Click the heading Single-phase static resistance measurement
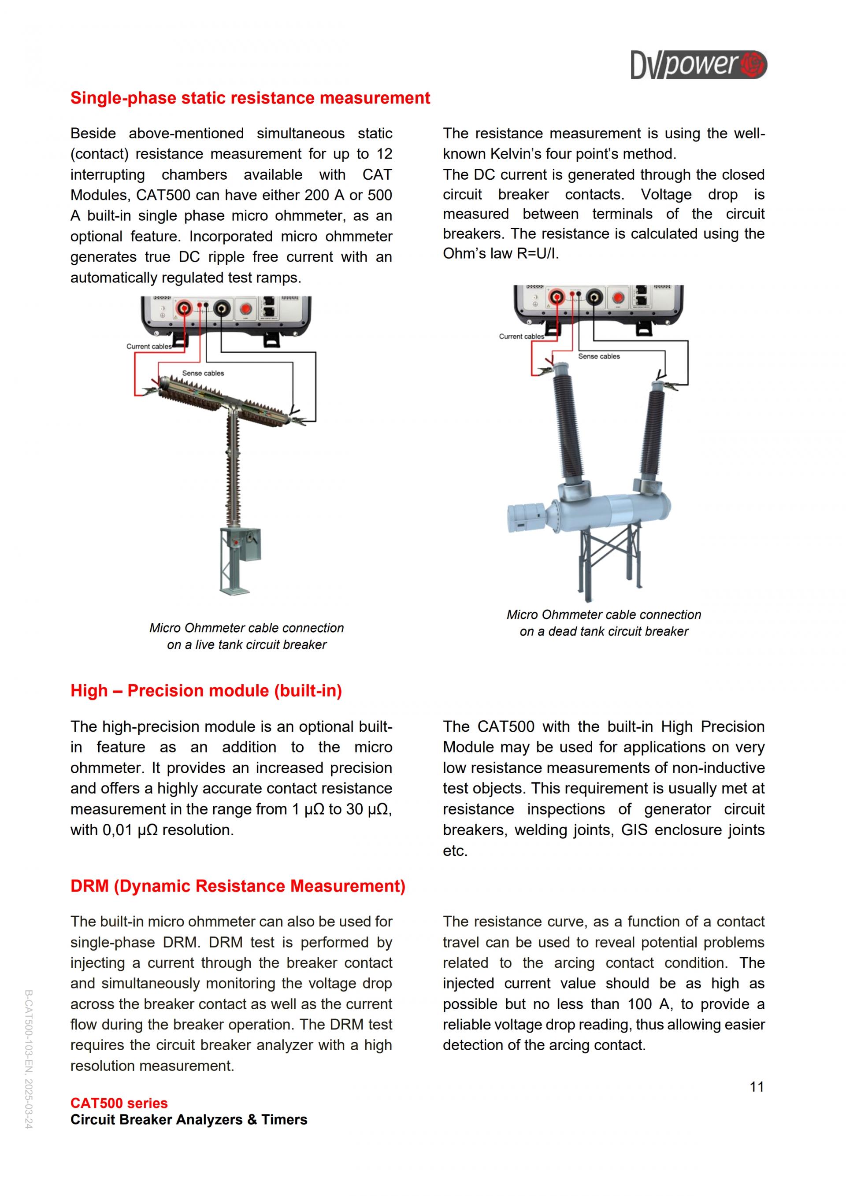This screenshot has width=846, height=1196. (250, 98)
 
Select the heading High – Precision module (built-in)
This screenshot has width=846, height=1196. (206, 691)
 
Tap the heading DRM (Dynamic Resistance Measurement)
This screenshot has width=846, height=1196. (237, 886)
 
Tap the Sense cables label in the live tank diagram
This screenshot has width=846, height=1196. (203, 373)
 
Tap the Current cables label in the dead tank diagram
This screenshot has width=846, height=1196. (521, 337)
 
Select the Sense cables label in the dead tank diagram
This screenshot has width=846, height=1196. (598, 356)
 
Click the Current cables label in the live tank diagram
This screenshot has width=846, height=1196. (148, 346)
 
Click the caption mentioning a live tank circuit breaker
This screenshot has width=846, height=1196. (246, 636)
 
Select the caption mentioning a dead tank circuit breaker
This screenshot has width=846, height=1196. (604, 623)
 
